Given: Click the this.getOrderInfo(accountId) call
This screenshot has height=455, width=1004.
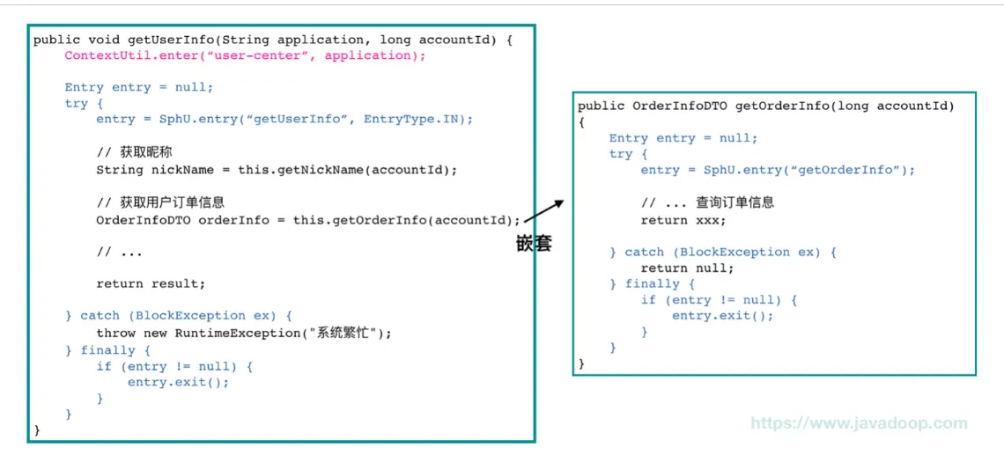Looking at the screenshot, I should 402,220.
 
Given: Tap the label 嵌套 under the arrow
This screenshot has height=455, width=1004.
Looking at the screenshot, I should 534,244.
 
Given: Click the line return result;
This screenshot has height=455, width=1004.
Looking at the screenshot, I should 151,283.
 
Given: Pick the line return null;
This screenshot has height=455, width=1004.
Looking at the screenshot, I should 687,268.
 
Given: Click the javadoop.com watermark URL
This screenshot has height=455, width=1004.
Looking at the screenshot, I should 859,423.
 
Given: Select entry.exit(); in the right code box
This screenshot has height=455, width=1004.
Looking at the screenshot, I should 722,315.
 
